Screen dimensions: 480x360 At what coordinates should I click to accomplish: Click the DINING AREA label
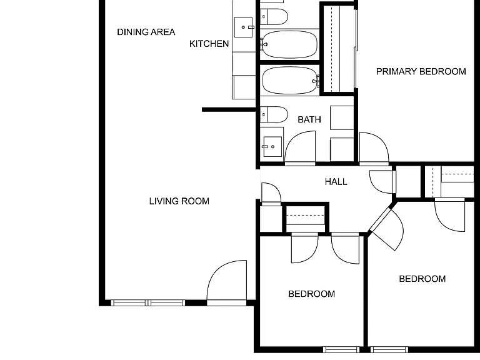(146, 32)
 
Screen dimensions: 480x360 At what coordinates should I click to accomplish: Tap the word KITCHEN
(209, 44)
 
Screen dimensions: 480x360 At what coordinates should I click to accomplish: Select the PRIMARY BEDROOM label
(421, 72)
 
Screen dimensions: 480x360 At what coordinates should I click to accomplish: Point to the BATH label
(309, 119)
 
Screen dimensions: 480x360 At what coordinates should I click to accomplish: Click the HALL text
(336, 182)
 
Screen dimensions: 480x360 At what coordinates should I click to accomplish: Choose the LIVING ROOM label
(179, 201)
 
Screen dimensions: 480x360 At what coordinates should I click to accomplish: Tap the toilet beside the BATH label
(274, 114)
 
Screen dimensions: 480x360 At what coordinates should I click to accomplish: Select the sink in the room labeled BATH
(272, 147)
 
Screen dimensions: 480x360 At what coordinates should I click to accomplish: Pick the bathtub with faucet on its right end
(291, 81)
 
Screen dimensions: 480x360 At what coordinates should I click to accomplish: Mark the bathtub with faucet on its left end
(289, 44)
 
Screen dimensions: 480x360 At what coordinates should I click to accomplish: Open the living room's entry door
(226, 282)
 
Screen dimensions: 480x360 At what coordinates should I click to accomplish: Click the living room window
(148, 302)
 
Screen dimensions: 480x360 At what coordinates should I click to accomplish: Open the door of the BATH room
(300, 148)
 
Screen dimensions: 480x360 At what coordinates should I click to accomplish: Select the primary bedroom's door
(374, 149)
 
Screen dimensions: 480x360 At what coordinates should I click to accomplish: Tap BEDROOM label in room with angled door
(422, 279)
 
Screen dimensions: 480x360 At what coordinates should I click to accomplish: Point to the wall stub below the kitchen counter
(229, 109)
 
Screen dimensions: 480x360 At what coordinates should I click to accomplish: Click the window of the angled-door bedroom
(389, 349)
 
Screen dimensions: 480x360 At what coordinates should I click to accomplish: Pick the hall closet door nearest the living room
(271, 194)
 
